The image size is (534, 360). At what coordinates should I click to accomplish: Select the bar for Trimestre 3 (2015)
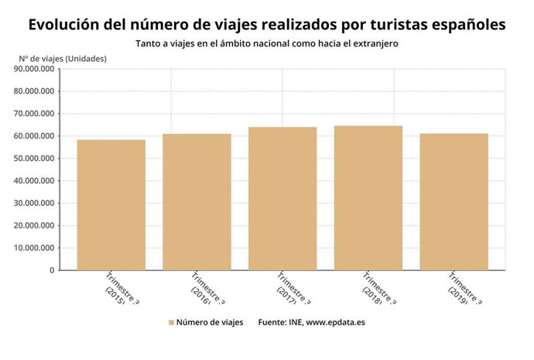(x=111, y=205)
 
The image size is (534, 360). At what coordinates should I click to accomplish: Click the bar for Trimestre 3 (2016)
(x=197, y=202)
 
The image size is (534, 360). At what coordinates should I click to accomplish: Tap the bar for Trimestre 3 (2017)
(x=282, y=199)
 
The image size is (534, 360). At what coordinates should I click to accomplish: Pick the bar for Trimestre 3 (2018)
(x=368, y=198)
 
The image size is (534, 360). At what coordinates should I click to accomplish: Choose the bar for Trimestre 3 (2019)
(x=454, y=202)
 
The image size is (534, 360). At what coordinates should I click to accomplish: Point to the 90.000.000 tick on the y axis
(x=34, y=69)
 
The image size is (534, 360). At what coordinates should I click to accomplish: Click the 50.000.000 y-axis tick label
(x=34, y=159)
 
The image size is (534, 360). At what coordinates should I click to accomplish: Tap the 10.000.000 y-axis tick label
(x=34, y=249)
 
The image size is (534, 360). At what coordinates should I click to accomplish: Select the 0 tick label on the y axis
(x=51, y=271)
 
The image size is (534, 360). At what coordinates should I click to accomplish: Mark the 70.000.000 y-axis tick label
(x=34, y=114)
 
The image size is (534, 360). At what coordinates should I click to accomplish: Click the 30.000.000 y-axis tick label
(x=34, y=204)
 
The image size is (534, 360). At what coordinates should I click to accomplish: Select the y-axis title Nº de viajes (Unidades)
(x=63, y=58)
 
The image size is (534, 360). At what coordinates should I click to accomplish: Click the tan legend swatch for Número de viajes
(x=170, y=321)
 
